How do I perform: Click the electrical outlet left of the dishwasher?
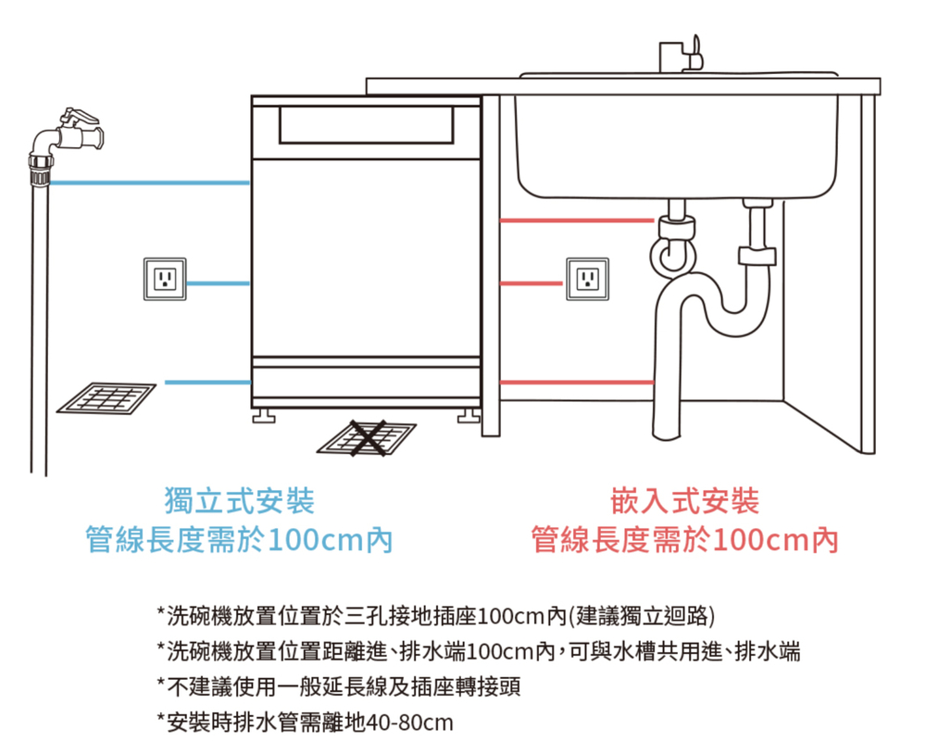[165, 278]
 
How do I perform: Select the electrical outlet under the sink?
[587, 278]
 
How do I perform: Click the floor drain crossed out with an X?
[368, 437]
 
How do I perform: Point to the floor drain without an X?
[106, 397]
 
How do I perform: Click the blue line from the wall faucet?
[148, 182]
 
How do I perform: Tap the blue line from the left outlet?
[219, 282]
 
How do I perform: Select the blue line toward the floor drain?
[207, 382]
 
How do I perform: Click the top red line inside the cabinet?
[532, 220]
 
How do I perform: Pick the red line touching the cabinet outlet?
[532, 283]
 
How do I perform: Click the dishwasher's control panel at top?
[367, 125]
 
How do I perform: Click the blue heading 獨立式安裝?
[239, 501]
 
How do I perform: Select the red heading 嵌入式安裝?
[684, 501]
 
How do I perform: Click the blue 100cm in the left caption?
[313, 539]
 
